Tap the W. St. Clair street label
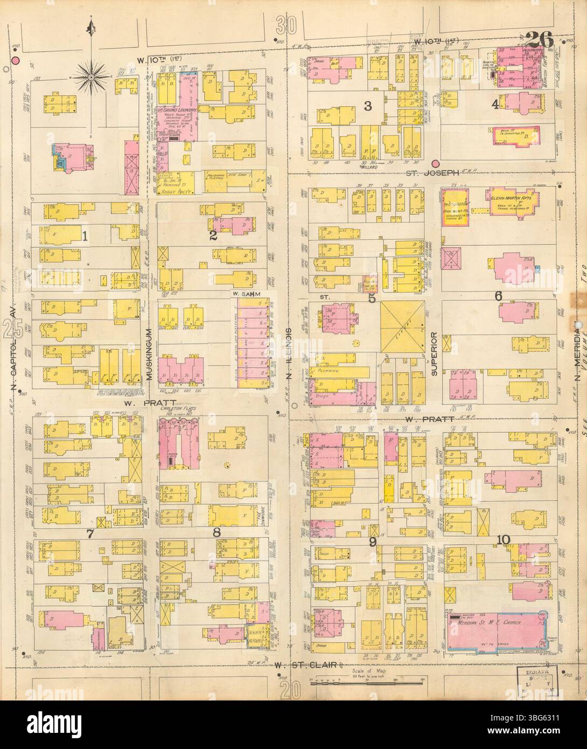[306, 666]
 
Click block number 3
[367, 106]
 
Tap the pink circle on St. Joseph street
[435, 164]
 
